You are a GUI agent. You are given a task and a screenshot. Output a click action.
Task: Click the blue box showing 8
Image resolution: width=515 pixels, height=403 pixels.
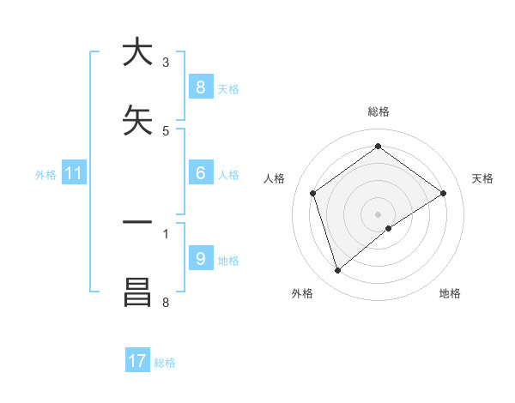tap(200, 87)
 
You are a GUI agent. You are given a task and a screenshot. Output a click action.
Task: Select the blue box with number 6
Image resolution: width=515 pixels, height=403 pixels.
tap(200, 172)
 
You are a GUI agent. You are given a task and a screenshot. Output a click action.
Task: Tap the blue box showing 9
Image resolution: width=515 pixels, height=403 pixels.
tap(200, 258)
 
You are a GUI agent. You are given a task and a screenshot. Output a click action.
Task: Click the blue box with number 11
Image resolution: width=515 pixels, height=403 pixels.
tap(74, 174)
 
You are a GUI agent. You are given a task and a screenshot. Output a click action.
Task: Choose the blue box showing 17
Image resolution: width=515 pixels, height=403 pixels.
tap(137, 361)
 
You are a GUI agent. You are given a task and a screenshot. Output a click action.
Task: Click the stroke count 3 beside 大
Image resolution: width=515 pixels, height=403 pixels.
tap(166, 63)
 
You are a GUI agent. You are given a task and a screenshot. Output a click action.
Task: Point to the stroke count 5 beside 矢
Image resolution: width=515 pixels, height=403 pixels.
tap(166, 131)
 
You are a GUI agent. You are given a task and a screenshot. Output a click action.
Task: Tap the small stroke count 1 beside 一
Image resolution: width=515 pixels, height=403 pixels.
tap(166, 232)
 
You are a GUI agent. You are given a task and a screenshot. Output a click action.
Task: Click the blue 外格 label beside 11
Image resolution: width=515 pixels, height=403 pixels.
tap(45, 175)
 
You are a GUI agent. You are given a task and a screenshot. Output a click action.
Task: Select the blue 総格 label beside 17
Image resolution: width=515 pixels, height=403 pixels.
tap(165, 363)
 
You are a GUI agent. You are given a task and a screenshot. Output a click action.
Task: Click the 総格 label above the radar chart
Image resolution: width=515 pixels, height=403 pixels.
tap(378, 111)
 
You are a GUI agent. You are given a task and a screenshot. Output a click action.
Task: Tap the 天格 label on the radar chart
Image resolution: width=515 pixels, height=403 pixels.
tap(482, 178)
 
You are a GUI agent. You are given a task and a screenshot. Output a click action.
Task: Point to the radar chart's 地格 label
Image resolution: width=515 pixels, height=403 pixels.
tap(450, 294)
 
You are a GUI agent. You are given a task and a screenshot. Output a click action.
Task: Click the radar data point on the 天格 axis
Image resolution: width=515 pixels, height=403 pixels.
tap(443, 193)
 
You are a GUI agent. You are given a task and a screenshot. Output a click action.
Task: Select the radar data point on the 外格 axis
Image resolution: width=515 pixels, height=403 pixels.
tap(337, 271)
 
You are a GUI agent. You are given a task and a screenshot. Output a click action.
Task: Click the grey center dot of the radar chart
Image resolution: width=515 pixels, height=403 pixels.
tap(378, 214)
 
